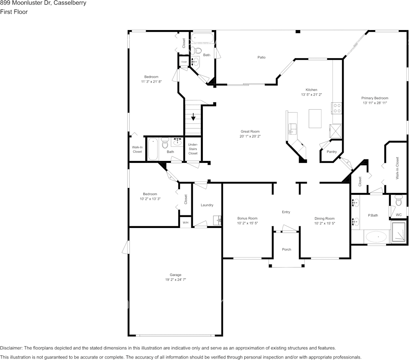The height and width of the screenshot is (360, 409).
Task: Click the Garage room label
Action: (x=175, y=275)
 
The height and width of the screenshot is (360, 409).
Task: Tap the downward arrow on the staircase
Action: (x=193, y=116)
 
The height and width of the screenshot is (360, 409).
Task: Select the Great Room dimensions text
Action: (x=250, y=136)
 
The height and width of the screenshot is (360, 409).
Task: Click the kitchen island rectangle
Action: (x=315, y=118)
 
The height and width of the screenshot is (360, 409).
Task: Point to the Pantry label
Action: (x=332, y=152)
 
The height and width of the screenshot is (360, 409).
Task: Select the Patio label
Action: (x=261, y=57)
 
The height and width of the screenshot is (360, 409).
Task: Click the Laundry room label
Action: (x=207, y=205)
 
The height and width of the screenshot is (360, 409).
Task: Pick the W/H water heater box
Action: (x=185, y=223)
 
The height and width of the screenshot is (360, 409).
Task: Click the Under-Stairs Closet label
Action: (x=193, y=149)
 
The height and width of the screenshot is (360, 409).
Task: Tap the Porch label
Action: (x=286, y=250)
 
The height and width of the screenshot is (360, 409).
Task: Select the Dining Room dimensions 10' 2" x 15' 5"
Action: (x=325, y=223)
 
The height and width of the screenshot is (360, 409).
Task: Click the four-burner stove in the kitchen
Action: (x=336, y=108)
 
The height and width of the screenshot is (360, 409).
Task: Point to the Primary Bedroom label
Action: (x=375, y=98)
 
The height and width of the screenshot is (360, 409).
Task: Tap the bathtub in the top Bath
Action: (x=202, y=38)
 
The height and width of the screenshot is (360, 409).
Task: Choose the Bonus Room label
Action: (x=248, y=218)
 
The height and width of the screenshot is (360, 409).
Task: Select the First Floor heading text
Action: (x=14, y=12)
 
